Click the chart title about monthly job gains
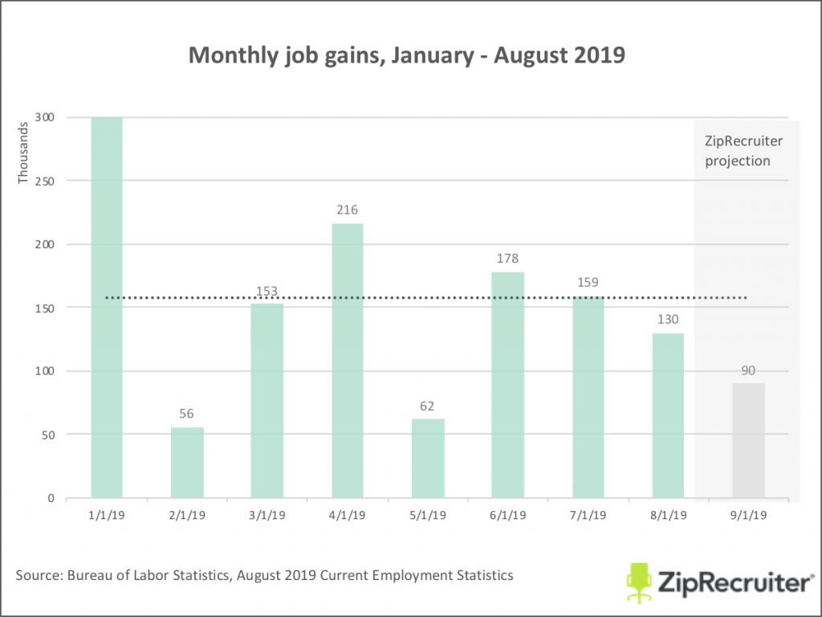click(x=406, y=55)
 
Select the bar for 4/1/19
click(x=347, y=362)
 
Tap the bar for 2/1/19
click(x=187, y=463)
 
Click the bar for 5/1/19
click(x=428, y=459)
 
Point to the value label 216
click(x=347, y=210)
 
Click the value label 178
click(x=507, y=259)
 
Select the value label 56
click(x=187, y=414)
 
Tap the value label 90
click(x=748, y=370)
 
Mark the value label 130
click(x=668, y=320)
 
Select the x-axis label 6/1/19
click(x=507, y=514)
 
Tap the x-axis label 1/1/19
click(x=107, y=514)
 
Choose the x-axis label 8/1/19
click(x=668, y=514)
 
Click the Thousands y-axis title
click(x=23, y=152)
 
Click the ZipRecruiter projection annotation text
click(x=743, y=151)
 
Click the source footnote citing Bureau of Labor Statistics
click(x=264, y=575)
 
